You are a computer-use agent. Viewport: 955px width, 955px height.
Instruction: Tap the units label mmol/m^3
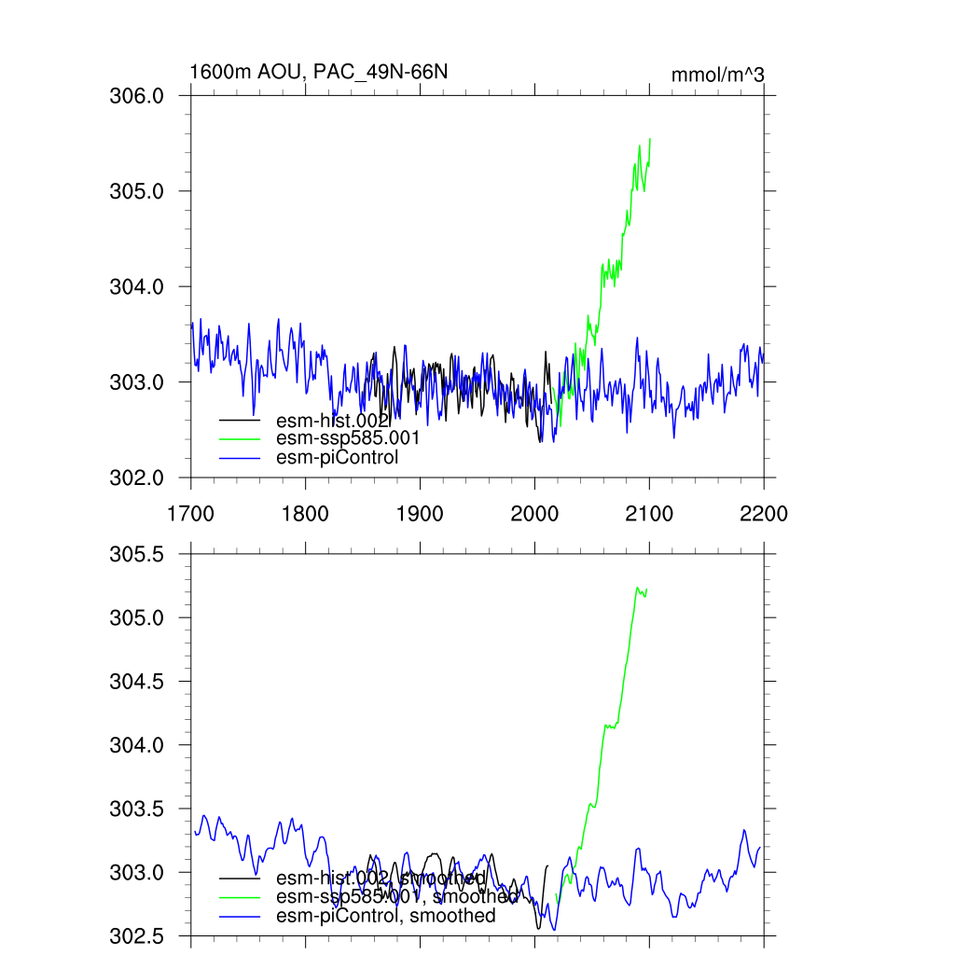(717, 75)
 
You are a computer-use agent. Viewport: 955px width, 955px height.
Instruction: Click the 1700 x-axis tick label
(190, 514)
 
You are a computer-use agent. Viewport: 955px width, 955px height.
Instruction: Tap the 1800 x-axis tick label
(305, 514)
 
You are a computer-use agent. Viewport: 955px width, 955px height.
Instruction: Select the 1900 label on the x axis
(420, 514)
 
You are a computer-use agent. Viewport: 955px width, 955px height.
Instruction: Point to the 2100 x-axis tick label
(649, 514)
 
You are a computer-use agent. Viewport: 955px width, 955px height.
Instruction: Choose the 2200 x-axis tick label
(764, 514)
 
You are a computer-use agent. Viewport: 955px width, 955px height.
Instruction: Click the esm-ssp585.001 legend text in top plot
(348, 438)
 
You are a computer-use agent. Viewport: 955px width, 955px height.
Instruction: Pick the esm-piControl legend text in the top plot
(337, 457)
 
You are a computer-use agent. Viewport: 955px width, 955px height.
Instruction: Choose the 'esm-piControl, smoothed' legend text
(386, 916)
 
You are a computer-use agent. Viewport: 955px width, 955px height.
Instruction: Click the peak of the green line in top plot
(649, 138)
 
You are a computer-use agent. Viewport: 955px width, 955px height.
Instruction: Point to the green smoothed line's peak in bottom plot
(637, 587)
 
